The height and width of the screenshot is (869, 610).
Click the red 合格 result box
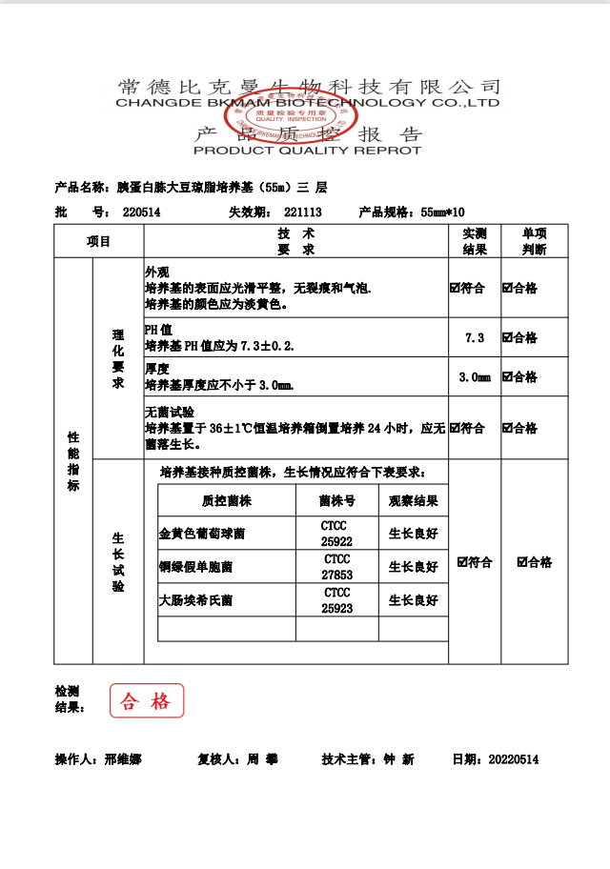click(x=146, y=701)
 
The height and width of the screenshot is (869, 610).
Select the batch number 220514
click(x=142, y=212)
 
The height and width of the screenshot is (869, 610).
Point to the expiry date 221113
click(x=302, y=212)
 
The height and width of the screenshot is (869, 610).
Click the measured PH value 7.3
click(x=474, y=338)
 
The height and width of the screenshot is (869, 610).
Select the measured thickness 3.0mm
click(x=474, y=377)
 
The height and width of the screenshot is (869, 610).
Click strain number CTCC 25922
click(x=336, y=533)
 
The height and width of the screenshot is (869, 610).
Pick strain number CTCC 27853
click(x=336, y=567)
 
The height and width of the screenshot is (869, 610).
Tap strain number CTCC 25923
click(x=336, y=600)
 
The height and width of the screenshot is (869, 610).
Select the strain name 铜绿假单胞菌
click(x=195, y=567)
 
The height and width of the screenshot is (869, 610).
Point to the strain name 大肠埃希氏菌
click(x=195, y=601)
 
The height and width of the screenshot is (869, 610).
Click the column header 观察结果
click(x=414, y=500)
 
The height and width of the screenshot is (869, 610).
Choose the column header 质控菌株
click(x=227, y=500)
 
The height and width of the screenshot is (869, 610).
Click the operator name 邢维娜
click(x=122, y=759)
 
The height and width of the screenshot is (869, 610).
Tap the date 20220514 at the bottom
click(x=514, y=759)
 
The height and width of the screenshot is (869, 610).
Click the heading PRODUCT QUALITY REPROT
click(x=307, y=151)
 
